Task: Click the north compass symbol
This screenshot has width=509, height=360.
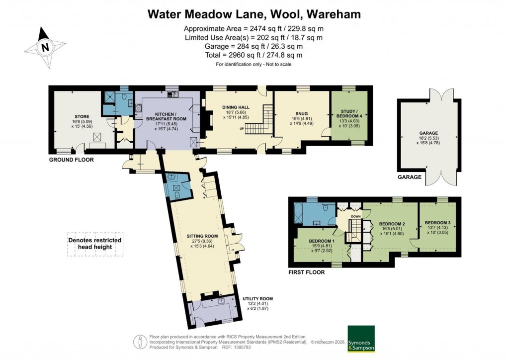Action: click(46, 48)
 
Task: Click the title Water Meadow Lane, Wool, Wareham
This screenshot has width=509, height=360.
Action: click(254, 14)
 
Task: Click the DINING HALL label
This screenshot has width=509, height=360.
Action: click(235, 108)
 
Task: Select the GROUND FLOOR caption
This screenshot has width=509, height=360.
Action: click(71, 160)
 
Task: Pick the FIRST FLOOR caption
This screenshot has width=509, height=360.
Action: click(307, 272)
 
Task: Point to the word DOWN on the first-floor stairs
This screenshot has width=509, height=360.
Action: click(355, 216)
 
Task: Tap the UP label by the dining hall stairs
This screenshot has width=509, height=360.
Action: click(242, 129)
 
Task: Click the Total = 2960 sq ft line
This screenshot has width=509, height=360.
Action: click(254, 55)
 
